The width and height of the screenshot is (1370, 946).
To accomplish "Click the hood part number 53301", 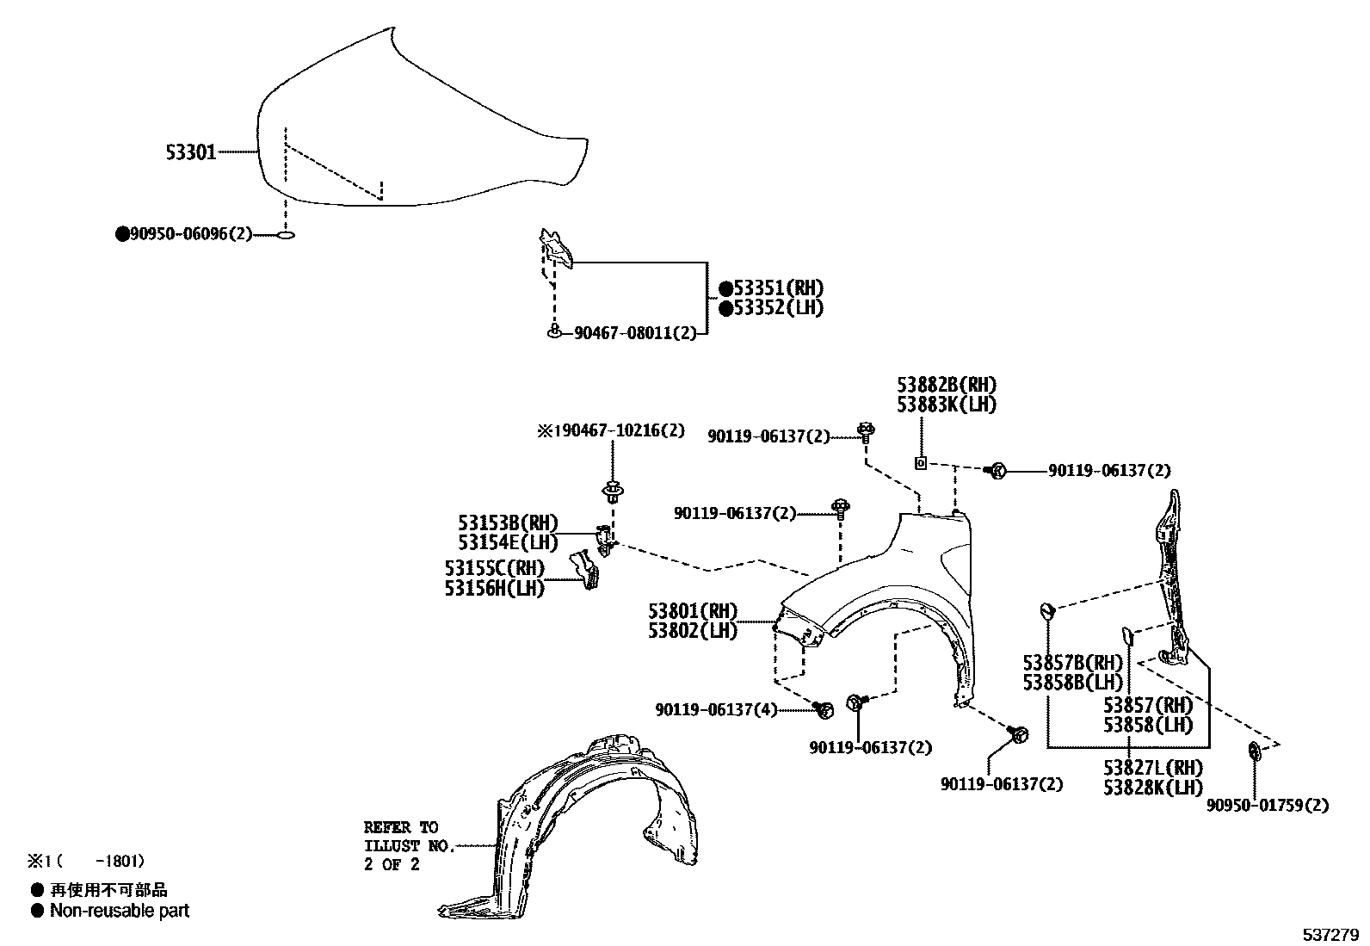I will click(x=190, y=152).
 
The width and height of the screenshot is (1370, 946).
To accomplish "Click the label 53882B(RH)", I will click(x=947, y=386).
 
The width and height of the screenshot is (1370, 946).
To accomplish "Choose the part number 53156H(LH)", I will click(x=495, y=588).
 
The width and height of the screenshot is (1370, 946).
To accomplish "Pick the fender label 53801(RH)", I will click(x=693, y=611).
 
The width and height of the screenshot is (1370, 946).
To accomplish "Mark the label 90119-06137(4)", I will click(x=716, y=710).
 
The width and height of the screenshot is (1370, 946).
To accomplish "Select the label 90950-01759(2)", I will click(x=1267, y=806).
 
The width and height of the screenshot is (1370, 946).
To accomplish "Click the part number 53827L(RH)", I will click(x=1153, y=768).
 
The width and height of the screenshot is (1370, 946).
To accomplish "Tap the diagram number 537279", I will click(x=1330, y=935).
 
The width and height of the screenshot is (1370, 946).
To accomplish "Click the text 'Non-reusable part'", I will click(x=120, y=911).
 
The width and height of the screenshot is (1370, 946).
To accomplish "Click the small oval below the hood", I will click(x=287, y=234).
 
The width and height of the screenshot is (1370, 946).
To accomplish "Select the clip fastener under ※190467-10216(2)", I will click(x=612, y=493).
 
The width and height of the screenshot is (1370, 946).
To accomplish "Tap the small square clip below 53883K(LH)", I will click(x=920, y=463).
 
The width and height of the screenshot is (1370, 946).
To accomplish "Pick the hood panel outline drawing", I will click(x=413, y=129).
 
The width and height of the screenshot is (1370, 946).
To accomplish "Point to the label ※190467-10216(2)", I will click(x=611, y=430).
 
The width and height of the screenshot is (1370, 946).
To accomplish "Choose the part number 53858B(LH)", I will click(x=1073, y=682).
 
